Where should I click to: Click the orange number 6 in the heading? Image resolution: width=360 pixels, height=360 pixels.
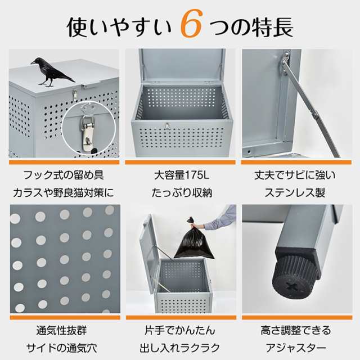191,26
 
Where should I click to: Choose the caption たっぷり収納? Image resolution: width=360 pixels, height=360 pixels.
180,193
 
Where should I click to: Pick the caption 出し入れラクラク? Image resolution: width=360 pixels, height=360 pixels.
180,348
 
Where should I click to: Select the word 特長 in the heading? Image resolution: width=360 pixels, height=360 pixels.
268,26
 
